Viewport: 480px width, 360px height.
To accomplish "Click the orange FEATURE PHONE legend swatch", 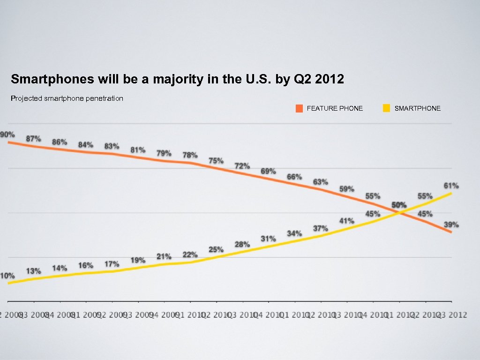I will tap(299, 108).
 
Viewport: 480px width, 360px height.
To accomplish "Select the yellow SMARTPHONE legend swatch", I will tap(386, 108).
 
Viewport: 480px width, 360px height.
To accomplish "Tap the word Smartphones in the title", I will tap(52, 79).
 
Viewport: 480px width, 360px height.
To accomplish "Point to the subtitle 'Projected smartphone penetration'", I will tap(67, 98).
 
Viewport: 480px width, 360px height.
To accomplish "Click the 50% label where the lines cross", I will tap(399, 205).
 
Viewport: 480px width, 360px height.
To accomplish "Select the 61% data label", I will tap(451, 186).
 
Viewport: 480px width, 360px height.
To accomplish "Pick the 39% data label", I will tap(451, 225).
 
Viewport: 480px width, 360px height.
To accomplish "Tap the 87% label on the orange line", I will tap(33, 139).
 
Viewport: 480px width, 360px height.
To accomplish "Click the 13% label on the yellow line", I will tap(33, 271).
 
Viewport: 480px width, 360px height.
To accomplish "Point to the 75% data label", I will tap(216, 161).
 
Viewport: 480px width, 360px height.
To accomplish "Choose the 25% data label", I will tap(216, 249).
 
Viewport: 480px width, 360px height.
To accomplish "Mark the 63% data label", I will tap(321, 182).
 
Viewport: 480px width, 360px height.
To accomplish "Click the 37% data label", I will tap(321, 228).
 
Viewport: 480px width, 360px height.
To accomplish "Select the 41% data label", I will tap(347, 221).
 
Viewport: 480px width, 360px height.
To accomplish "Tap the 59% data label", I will tap(347, 189).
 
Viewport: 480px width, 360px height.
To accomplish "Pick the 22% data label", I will tap(190, 255).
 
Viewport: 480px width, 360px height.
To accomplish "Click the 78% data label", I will tap(190, 155).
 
